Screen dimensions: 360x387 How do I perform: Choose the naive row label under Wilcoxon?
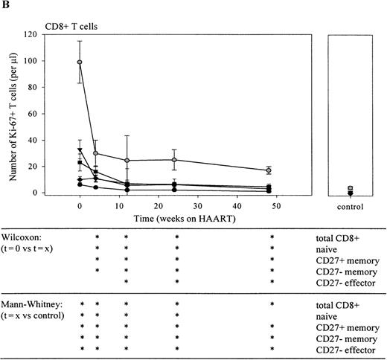(327, 248)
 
